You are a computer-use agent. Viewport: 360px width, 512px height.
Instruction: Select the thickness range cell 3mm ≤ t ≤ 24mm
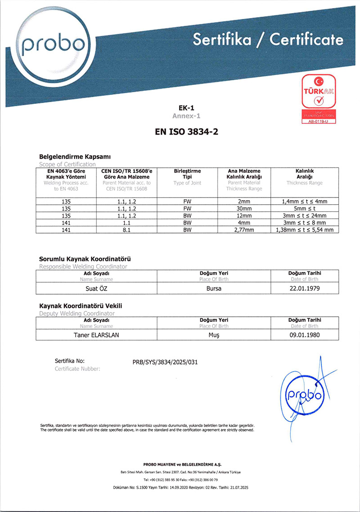tap(305, 216)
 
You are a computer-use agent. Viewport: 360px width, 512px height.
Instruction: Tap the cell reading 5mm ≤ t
tap(305, 208)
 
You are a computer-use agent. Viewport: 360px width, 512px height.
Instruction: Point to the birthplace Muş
tap(214, 335)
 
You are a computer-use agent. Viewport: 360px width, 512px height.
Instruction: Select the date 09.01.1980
tap(304, 335)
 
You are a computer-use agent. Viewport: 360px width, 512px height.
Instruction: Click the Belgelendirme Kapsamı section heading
tap(75, 157)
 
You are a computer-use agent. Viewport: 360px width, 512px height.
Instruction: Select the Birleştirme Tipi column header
tap(187, 174)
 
